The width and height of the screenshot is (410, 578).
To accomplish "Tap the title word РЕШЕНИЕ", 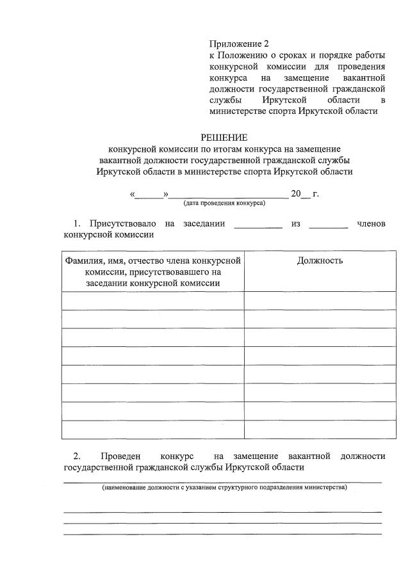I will (224, 137).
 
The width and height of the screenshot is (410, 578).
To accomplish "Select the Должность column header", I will (320, 261).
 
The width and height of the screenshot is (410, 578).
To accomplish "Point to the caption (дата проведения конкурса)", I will (224, 203).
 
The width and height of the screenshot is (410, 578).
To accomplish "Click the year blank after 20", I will (306, 195).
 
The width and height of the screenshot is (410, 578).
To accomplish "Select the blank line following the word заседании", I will (258, 225).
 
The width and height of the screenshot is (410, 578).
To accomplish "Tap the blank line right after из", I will (328, 225).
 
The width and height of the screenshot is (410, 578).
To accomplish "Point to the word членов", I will (371, 223).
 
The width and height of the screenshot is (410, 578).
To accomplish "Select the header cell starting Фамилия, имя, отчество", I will (152, 271).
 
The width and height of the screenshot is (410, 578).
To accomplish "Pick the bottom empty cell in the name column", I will (152, 429).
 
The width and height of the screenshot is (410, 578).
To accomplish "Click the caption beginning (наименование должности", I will (224, 488).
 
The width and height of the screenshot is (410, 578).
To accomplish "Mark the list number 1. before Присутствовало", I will (78, 223).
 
